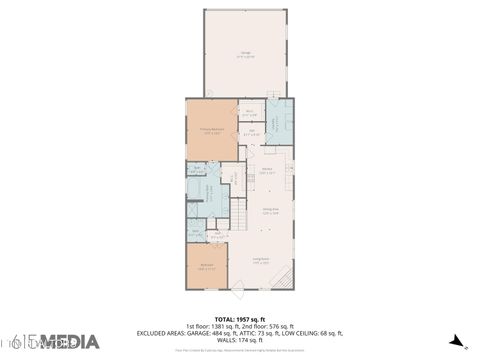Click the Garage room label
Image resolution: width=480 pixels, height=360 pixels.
(x=245, y=55)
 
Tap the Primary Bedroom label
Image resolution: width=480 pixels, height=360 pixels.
(x=211, y=131)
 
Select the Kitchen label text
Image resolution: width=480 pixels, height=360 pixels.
(x=268, y=171)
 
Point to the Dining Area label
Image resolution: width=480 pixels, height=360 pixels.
(x=270, y=211)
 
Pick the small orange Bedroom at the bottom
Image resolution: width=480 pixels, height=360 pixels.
(x=207, y=267)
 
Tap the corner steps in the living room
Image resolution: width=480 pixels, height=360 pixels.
(x=284, y=277)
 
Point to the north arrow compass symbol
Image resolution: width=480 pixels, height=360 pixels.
(x=456, y=339)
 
